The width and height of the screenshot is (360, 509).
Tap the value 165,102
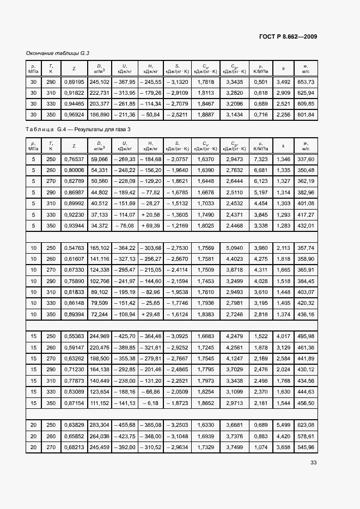[x=99, y=247]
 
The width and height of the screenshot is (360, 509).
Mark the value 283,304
[x=99, y=424]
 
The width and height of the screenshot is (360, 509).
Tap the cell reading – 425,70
[x=125, y=335]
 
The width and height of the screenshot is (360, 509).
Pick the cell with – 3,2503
[x=177, y=424]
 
